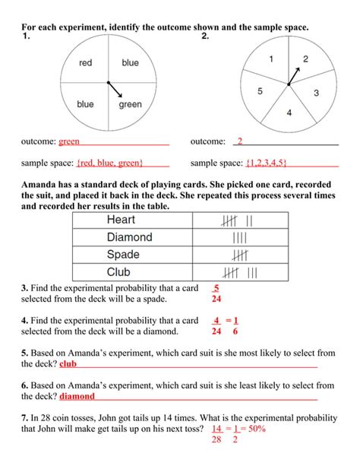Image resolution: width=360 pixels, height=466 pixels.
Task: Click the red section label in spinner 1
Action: click(85, 63)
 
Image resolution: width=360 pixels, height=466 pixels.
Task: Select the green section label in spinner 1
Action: click(131, 104)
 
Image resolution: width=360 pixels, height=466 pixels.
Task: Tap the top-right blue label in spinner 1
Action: click(131, 63)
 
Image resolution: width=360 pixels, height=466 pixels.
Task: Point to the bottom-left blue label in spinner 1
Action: click(85, 104)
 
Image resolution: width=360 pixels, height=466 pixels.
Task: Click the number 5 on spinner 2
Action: click(261, 92)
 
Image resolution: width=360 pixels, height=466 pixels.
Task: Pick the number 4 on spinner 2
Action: click(289, 113)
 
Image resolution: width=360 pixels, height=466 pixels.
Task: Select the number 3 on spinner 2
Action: click(316, 93)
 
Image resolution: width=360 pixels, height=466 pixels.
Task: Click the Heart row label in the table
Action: click(122, 220)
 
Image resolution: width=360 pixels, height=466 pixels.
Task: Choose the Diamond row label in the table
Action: click(130, 238)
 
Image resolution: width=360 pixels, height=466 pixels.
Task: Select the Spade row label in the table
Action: click(123, 255)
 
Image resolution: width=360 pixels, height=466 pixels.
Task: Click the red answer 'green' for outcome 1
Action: click(69, 141)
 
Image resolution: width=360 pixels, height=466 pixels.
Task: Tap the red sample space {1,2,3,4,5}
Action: click(271, 163)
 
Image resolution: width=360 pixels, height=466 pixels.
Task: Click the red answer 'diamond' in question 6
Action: click(77, 396)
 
